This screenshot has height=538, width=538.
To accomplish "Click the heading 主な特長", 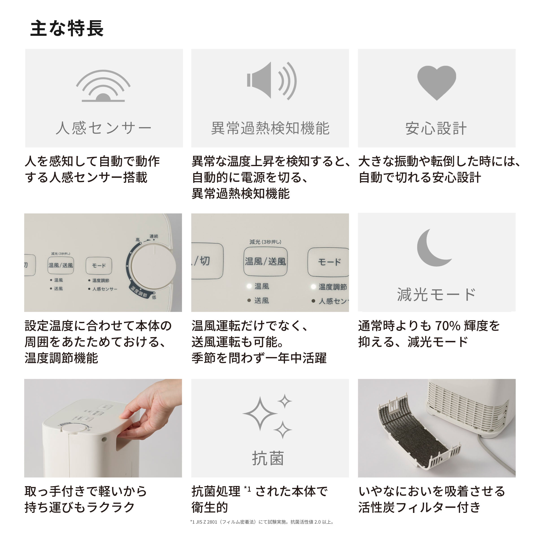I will [67, 28].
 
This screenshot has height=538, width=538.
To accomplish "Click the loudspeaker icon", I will [271, 81].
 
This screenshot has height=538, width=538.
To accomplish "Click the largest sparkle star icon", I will [260, 414].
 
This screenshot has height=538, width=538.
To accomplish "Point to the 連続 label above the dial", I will [154, 236].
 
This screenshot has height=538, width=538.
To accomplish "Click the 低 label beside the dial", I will [154, 297].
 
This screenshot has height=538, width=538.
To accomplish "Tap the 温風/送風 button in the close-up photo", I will [265, 261].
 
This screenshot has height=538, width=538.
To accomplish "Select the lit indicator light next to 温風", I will [249, 286].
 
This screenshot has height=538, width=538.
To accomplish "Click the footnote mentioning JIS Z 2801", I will [262, 522].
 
